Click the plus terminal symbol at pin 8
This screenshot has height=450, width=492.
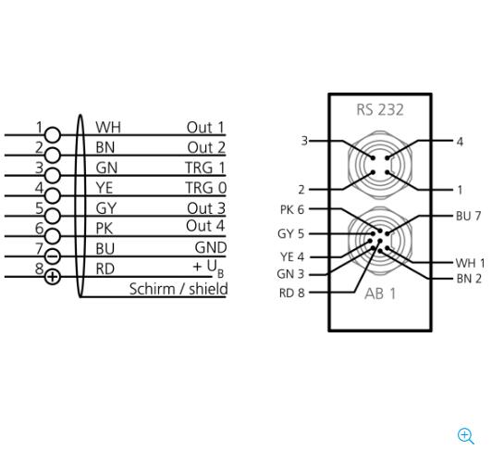[x=53, y=277]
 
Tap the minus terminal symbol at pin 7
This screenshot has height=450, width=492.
[x=53, y=256]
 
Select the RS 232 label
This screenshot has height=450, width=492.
[x=380, y=110]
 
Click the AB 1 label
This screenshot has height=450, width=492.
[x=380, y=294]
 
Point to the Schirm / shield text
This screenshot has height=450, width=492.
[x=178, y=289]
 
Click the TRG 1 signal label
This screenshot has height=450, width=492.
[x=205, y=168]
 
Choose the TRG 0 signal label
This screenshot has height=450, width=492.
[x=206, y=188]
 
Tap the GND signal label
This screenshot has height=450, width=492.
[x=211, y=247]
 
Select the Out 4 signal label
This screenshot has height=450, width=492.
[x=205, y=226]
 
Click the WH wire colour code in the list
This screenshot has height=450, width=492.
[x=108, y=128]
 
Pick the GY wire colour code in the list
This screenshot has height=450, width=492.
[x=106, y=208]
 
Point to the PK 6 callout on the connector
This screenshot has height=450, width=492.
[x=292, y=209]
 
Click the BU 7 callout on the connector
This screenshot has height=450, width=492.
[x=469, y=216]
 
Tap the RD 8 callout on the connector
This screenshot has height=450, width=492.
[x=292, y=293]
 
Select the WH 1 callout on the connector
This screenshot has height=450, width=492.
[x=470, y=263]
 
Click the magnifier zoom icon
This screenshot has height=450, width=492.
[x=466, y=436]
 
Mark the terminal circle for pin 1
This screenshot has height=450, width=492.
[x=53, y=135]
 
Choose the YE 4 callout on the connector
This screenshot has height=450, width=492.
[x=292, y=256]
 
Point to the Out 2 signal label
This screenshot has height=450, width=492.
[x=206, y=148]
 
